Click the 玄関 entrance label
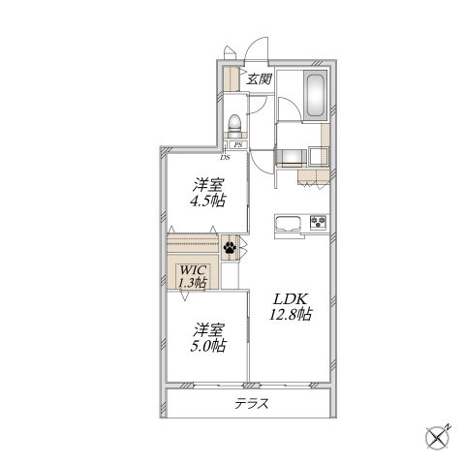click(259, 78)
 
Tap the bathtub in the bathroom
click(316, 96)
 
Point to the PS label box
click(238, 145)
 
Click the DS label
click(225, 158)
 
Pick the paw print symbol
click(230, 247)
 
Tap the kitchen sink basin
click(288, 224)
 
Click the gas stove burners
click(319, 222)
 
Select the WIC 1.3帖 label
click(193, 276)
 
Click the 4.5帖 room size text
click(207, 201)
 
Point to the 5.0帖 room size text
click(207, 346)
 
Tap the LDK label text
click(291, 299)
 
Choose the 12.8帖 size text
click(291, 314)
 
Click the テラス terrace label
click(252, 404)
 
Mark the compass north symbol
click(438, 438)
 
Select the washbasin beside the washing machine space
click(319, 156)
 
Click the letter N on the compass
click(449, 426)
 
